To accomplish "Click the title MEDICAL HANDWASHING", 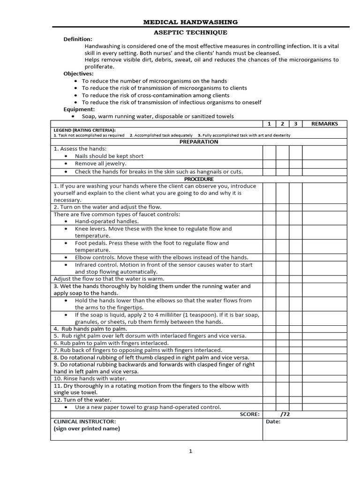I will (x=190, y=22).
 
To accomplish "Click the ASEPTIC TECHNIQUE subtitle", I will (x=190, y=32).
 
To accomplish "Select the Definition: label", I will (x=78, y=39).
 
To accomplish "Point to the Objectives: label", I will (x=79, y=74).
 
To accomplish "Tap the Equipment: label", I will (x=79, y=109).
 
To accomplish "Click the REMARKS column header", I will (x=324, y=124).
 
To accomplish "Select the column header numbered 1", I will (x=269, y=124).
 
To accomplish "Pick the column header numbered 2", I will (x=282, y=124).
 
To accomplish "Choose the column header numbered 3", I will (x=295, y=124).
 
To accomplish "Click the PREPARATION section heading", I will (x=199, y=142).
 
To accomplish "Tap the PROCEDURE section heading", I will (x=199, y=179).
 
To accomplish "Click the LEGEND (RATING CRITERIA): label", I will (x=84, y=130).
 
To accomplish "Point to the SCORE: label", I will (x=249, y=414).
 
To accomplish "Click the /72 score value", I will (x=285, y=414).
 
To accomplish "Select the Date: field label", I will (x=273, y=421).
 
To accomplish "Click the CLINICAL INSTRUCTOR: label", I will (x=84, y=421).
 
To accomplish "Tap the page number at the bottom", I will (x=190, y=451).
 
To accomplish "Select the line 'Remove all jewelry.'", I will (x=100, y=164).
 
